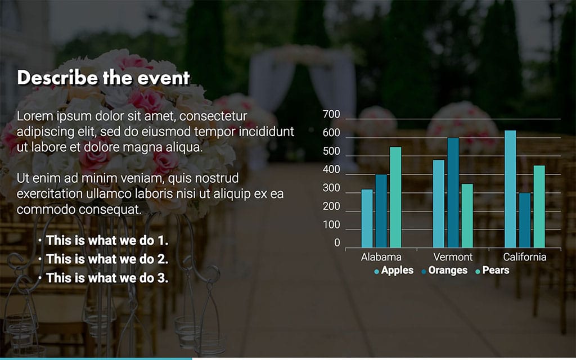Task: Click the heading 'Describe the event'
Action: coord(103,78)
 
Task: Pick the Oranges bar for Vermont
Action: coord(453,192)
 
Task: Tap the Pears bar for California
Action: coord(539,206)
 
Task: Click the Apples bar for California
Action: coord(510,189)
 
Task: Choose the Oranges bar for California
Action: coord(524,220)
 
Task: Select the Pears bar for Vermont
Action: coord(467,215)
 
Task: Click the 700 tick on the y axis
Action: coord(332,115)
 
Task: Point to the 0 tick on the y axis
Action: coord(337,244)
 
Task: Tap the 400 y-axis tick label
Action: coord(332,170)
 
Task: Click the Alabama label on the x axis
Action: coord(381,258)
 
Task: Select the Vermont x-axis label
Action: coord(453,258)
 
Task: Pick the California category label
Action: coord(524,258)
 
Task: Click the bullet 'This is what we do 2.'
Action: coord(107,259)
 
